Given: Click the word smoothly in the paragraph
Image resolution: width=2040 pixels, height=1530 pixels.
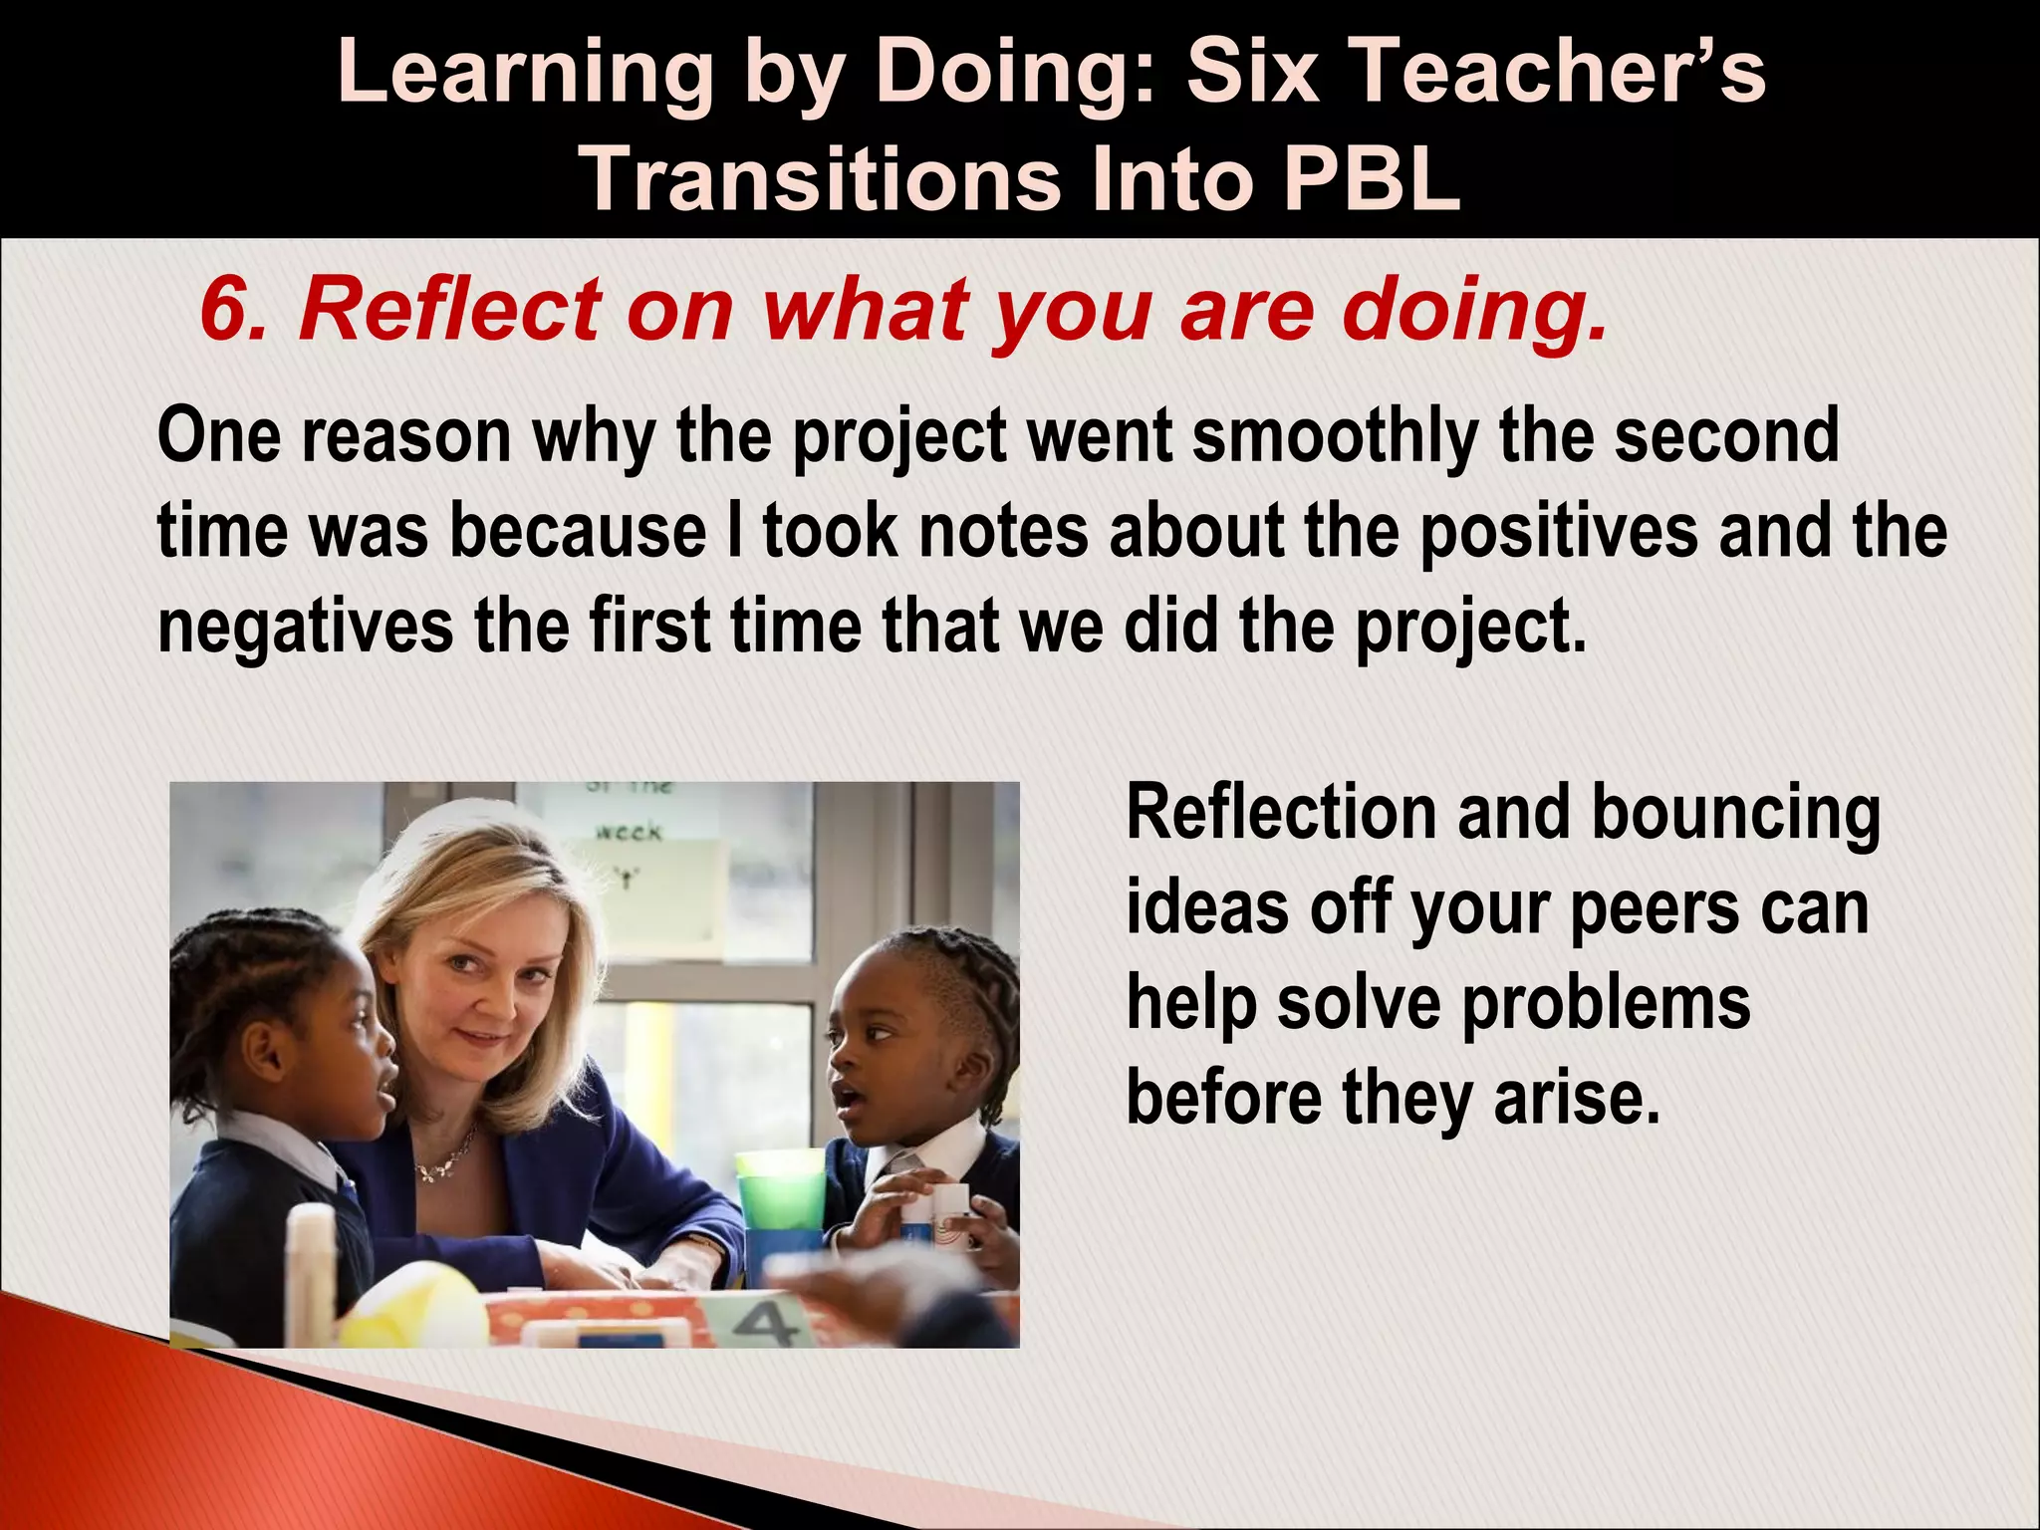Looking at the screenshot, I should (x=1335, y=437).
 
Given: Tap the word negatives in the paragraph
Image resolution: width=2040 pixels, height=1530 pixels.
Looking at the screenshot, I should (x=305, y=627).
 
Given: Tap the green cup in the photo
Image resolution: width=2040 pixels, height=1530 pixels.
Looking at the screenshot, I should (x=781, y=1195).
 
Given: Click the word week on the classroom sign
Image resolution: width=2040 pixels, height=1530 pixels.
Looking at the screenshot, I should (x=628, y=831).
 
